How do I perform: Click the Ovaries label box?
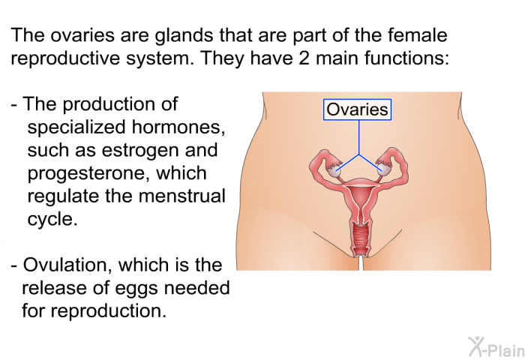tap(357, 109)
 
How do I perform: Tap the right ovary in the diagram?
tap(384, 169)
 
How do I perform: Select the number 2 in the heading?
tap(304, 58)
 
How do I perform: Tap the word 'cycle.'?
tap(52, 219)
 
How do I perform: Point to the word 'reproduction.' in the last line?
tap(108, 311)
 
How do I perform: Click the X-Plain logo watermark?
tap(496, 347)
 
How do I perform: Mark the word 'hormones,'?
tap(178, 127)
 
